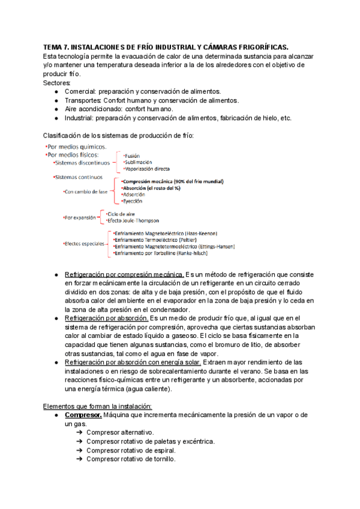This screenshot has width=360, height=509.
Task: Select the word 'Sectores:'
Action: click(x=58, y=82)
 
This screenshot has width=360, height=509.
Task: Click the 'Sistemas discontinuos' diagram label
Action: click(x=82, y=163)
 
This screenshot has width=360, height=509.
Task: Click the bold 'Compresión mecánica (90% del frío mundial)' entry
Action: click(x=172, y=181)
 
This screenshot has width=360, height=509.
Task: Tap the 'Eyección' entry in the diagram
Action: click(x=133, y=202)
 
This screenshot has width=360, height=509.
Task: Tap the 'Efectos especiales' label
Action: click(x=84, y=244)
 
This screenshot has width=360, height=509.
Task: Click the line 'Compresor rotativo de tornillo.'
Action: click(x=131, y=459)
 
